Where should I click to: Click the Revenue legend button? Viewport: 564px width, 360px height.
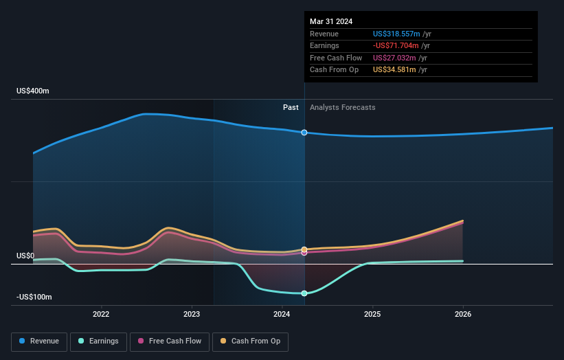pos(39,341)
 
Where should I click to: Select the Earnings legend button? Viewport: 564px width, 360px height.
pos(98,341)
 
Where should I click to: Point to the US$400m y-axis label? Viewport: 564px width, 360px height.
pos(34,91)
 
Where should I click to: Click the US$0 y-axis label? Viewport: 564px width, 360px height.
pos(25,256)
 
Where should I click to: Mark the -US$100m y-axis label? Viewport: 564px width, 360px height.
pos(34,297)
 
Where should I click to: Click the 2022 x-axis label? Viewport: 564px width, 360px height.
pos(101,315)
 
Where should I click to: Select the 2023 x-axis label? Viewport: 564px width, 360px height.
pos(192,315)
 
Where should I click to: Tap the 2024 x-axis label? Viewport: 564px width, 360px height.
pos(282,315)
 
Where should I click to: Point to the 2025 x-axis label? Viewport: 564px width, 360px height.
pos(372,315)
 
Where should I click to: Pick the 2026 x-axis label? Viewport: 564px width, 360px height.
pos(463,315)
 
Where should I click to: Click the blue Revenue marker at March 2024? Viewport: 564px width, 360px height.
pos(304,133)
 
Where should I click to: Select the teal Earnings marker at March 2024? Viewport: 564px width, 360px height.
pos(304,293)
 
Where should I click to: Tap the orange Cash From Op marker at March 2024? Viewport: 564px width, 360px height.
pos(304,249)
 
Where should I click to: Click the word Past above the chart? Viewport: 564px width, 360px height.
pos(291,107)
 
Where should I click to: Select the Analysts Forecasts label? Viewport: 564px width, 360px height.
pos(343,107)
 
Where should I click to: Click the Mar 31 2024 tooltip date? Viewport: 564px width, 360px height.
pos(331,21)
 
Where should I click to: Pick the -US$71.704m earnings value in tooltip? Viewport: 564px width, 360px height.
pos(397,46)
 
